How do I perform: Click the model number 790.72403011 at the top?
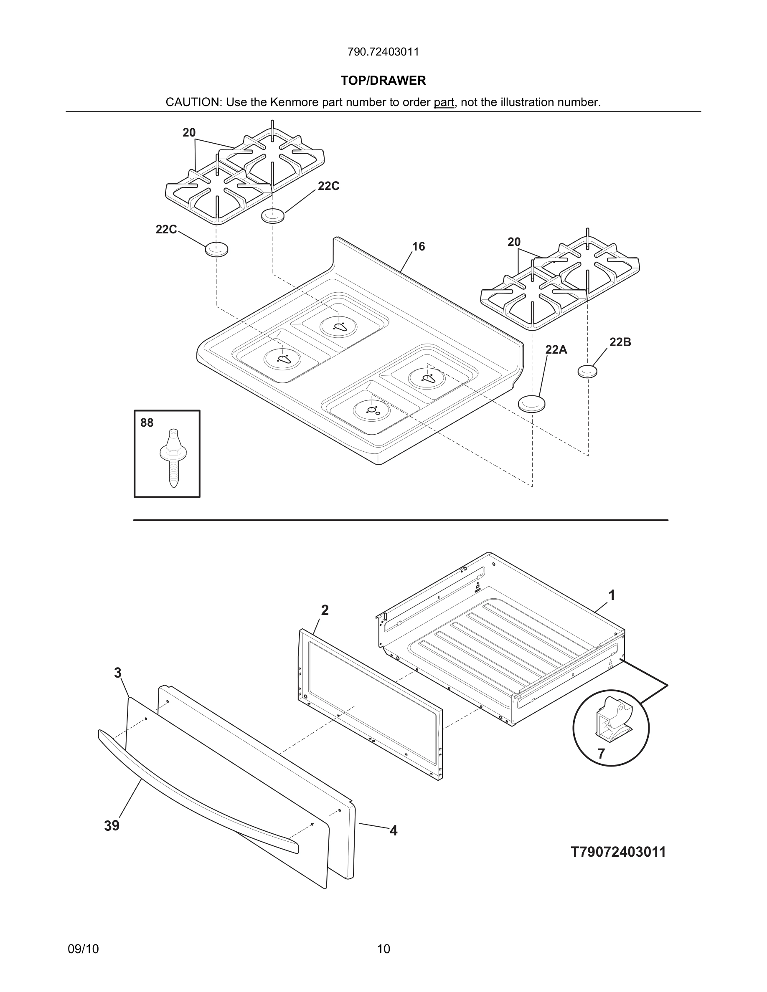(x=383, y=52)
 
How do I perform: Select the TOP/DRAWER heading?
(x=383, y=81)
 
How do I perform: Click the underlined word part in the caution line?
(x=444, y=102)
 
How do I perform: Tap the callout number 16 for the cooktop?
(x=418, y=247)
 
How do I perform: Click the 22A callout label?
(x=556, y=350)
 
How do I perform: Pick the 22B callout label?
(x=620, y=342)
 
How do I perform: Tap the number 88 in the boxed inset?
(x=147, y=423)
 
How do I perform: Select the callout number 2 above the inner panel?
(x=325, y=610)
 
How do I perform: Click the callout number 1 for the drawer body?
(x=612, y=595)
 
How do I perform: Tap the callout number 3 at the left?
(x=118, y=673)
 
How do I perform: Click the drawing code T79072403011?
(x=618, y=852)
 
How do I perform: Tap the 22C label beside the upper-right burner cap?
(x=328, y=186)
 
